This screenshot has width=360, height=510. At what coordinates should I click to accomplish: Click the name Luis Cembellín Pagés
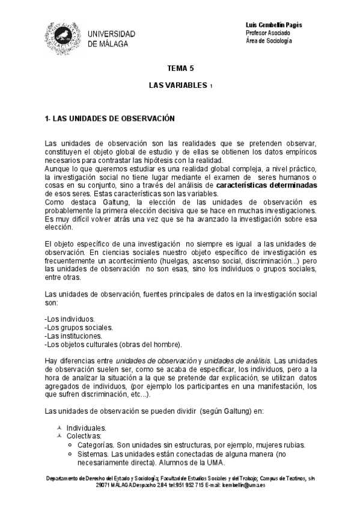point(274,25)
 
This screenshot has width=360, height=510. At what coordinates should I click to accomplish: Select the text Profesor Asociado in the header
point(269,32)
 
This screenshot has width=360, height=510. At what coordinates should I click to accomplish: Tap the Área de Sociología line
point(269,40)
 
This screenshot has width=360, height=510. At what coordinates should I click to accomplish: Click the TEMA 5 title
point(180,69)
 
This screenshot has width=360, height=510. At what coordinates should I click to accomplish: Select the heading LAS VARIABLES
point(177,86)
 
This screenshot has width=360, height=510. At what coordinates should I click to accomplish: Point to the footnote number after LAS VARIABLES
point(212,87)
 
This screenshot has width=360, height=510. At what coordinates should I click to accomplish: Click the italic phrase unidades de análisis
point(237,360)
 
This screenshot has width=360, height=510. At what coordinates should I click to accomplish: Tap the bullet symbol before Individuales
point(59,428)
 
